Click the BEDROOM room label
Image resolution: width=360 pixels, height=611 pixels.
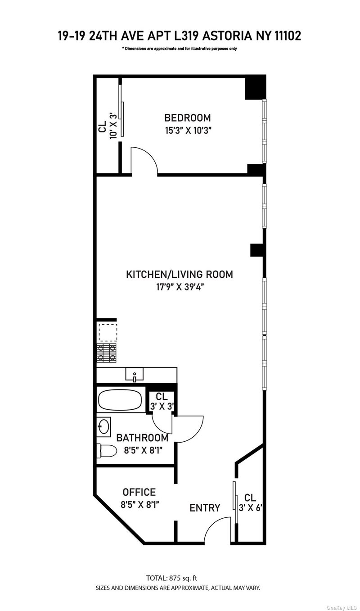(188, 118)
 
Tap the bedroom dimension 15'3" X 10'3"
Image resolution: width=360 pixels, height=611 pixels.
(188, 131)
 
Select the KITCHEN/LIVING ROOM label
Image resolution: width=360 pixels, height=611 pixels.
(180, 274)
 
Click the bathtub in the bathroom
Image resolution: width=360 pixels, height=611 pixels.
(120, 400)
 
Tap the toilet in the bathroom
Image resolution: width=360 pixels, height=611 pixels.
(107, 451)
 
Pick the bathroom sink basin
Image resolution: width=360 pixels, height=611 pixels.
(104, 425)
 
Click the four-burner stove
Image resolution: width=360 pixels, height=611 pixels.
(107, 353)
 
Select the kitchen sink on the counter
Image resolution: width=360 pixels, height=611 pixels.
(135, 374)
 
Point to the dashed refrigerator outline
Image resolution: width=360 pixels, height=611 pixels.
(108, 332)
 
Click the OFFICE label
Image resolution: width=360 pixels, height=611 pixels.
(139, 492)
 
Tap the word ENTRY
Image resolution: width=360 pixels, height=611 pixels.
(205, 507)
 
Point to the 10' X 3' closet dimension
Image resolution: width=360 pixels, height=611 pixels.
(114, 126)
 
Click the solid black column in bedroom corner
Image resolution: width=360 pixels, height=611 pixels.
(255, 87)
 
